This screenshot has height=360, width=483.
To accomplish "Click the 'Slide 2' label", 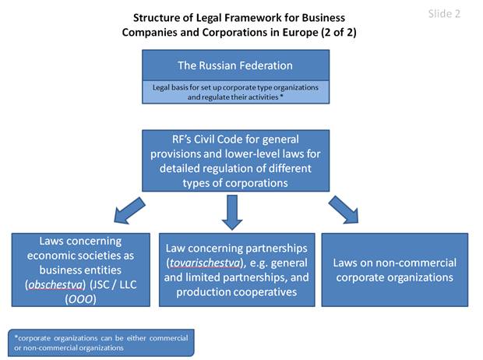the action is pos(444,14).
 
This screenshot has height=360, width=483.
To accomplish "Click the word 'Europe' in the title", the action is pos(300,33).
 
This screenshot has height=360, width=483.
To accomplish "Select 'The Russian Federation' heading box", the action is pos(235,65).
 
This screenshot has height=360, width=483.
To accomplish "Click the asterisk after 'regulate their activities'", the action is pos(281,97).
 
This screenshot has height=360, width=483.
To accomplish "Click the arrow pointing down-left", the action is pos(129,210).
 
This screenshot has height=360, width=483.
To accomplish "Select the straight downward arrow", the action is pos(232,213).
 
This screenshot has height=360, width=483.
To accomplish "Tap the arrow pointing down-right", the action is pos(344,210).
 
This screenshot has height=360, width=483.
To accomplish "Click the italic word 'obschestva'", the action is pos(55,284).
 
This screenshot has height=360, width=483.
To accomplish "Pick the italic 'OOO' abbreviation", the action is pos(81,299).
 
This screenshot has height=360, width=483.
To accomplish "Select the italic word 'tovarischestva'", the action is pos(205,263).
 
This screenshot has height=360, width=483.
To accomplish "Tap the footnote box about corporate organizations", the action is pos(101,343).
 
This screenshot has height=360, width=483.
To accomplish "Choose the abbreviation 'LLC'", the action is pos(128,284).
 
